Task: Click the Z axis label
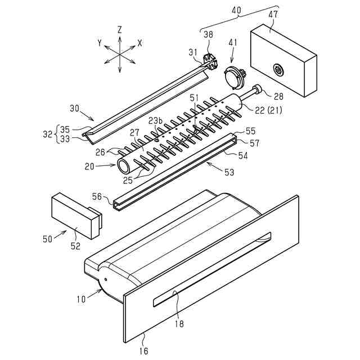(x=120, y=29)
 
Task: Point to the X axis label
(x=140, y=43)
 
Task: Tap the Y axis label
(x=100, y=43)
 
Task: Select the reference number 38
(x=208, y=34)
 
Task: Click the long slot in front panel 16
(x=213, y=269)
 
